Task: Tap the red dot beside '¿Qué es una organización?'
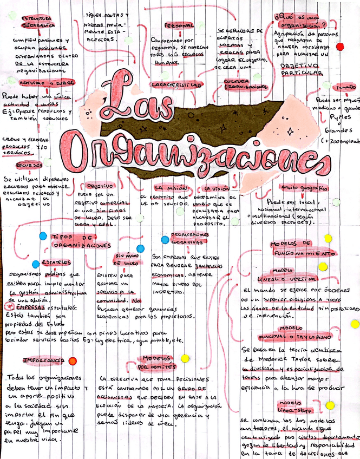pyautogui.click(x=340, y=47)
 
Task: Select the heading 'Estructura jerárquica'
pyautogui.click(x=38, y=22)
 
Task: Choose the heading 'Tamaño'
pyautogui.click(x=345, y=87)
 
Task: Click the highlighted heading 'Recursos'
pyautogui.click(x=29, y=165)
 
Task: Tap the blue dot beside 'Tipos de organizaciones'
pyautogui.click(x=43, y=236)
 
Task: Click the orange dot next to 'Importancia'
pyautogui.click(x=73, y=360)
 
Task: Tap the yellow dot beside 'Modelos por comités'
pyautogui.click(x=185, y=358)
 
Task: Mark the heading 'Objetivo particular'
pyautogui.click(x=300, y=69)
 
